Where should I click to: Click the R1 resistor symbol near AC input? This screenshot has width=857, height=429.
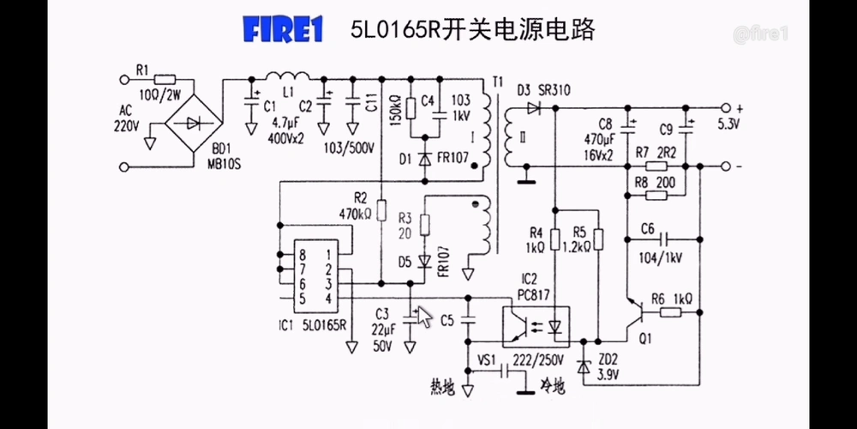[166, 79]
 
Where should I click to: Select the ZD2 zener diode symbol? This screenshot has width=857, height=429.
[584, 366]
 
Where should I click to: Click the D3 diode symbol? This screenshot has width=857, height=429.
[534, 108]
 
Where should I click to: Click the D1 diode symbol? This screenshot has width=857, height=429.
[424, 160]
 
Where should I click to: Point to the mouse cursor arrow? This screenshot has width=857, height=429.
[423, 314]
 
